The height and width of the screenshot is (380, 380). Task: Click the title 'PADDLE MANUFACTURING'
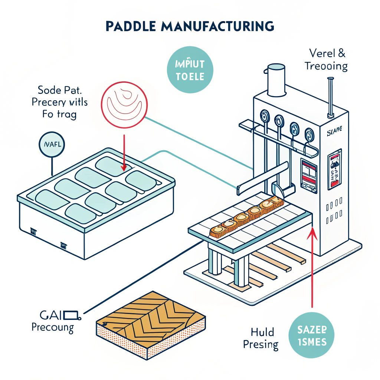coord(190,26)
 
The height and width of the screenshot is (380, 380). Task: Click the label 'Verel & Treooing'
coord(326,60)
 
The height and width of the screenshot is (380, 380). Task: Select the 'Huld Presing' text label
coord(261,338)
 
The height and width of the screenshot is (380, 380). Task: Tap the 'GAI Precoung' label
coord(54,321)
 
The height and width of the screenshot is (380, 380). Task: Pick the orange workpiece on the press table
coord(247,217)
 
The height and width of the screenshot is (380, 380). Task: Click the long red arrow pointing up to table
coord(313,267)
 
